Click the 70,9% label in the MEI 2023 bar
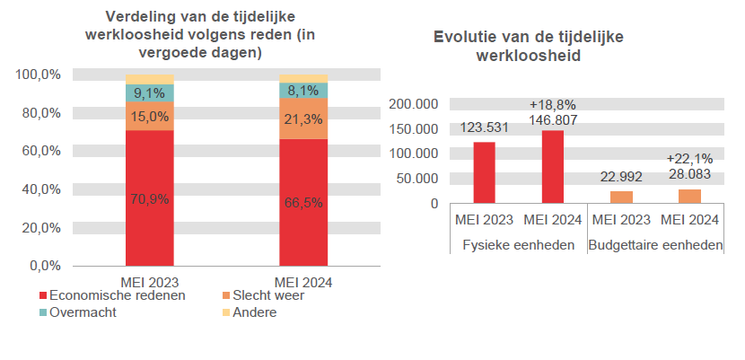point(149,199)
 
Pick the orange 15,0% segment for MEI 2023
point(149,117)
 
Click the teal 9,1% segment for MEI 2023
point(149,93)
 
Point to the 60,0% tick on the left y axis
point(38,151)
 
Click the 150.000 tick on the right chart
point(415,128)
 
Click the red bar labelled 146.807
point(553,167)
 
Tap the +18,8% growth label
point(553,104)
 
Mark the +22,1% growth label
point(689,159)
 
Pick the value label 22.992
point(621,177)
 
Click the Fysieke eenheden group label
point(518,245)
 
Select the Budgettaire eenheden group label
point(655,245)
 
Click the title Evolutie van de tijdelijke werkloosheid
point(529,46)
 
